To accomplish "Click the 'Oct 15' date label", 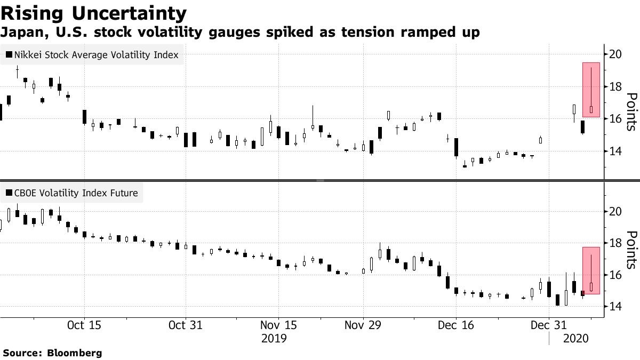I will (x=84, y=325).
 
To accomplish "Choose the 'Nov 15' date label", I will (x=278, y=325).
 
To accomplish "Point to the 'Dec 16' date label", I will (x=457, y=325).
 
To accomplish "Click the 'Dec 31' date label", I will (x=549, y=325).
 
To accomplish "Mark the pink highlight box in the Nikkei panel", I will (x=591, y=90).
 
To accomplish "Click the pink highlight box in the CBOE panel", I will (x=591, y=270).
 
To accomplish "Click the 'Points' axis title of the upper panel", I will (x=631, y=111).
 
